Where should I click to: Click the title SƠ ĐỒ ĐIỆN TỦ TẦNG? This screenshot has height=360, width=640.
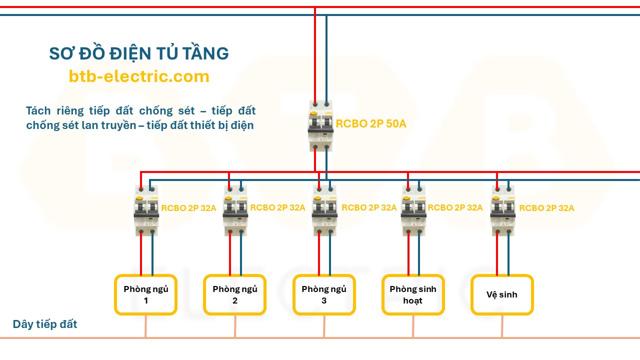point(139,53)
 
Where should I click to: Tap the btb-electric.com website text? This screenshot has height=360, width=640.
point(139,76)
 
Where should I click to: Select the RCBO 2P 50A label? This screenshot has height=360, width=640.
point(371,124)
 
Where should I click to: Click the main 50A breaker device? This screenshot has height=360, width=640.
point(320,125)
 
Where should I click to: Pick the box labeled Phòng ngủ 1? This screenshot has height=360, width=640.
point(146,294)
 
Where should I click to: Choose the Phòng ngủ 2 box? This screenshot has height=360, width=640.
point(235,294)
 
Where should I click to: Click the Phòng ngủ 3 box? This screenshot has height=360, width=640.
point(324,294)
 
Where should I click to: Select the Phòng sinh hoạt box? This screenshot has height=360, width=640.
point(413,294)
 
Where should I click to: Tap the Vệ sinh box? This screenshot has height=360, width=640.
point(502,294)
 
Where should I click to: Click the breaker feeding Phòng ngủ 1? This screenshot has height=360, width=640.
point(146,210)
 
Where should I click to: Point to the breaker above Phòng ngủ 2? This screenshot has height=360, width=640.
point(235,210)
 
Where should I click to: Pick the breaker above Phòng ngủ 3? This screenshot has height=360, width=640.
point(324,210)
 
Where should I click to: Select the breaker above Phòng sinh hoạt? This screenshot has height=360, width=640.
point(414,210)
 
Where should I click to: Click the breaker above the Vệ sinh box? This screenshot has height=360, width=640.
point(502,210)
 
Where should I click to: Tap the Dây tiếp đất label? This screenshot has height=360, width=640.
point(45,324)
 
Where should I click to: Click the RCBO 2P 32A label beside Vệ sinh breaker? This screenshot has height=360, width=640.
point(546,208)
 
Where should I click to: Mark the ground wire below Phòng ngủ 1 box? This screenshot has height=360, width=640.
point(146,326)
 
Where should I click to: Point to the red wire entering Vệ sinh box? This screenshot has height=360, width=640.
point(497,255)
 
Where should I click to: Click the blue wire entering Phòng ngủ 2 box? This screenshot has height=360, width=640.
point(241,255)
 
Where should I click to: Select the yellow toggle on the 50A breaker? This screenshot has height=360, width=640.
point(314,113)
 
